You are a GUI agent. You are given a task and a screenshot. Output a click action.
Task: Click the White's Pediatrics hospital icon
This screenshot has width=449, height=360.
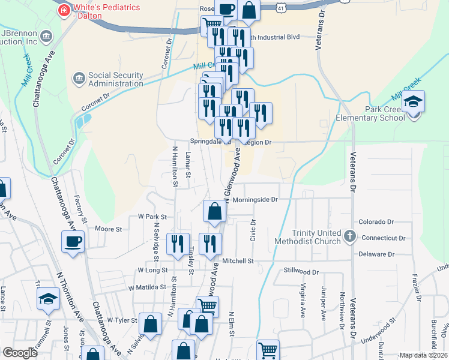click(x=63, y=10)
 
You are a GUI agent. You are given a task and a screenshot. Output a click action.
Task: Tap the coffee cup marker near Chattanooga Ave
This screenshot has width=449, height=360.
click(x=73, y=241)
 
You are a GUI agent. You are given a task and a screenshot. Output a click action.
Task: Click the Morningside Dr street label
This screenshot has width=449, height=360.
click(x=256, y=199)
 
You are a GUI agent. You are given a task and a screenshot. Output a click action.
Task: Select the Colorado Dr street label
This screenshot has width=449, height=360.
click(x=376, y=222)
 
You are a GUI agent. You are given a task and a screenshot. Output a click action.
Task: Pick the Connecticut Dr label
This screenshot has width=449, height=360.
click(x=384, y=238)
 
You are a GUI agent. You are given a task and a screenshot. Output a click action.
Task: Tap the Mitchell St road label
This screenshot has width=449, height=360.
click(x=238, y=261)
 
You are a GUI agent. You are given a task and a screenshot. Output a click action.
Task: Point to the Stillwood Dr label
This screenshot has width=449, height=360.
click(x=301, y=271)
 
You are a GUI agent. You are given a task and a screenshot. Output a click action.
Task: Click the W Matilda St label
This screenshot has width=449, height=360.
click(x=147, y=288)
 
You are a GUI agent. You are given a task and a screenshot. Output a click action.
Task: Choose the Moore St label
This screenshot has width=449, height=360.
click(x=109, y=229)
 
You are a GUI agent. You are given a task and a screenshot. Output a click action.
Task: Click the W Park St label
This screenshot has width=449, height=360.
click(x=151, y=216)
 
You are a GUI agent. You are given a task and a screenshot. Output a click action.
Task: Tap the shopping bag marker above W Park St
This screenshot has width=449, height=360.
click(x=214, y=211)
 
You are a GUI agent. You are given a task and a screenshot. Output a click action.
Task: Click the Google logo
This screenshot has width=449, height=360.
click(x=20, y=353)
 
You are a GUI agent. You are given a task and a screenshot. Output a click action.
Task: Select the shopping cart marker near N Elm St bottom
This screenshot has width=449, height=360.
click(x=268, y=350)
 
